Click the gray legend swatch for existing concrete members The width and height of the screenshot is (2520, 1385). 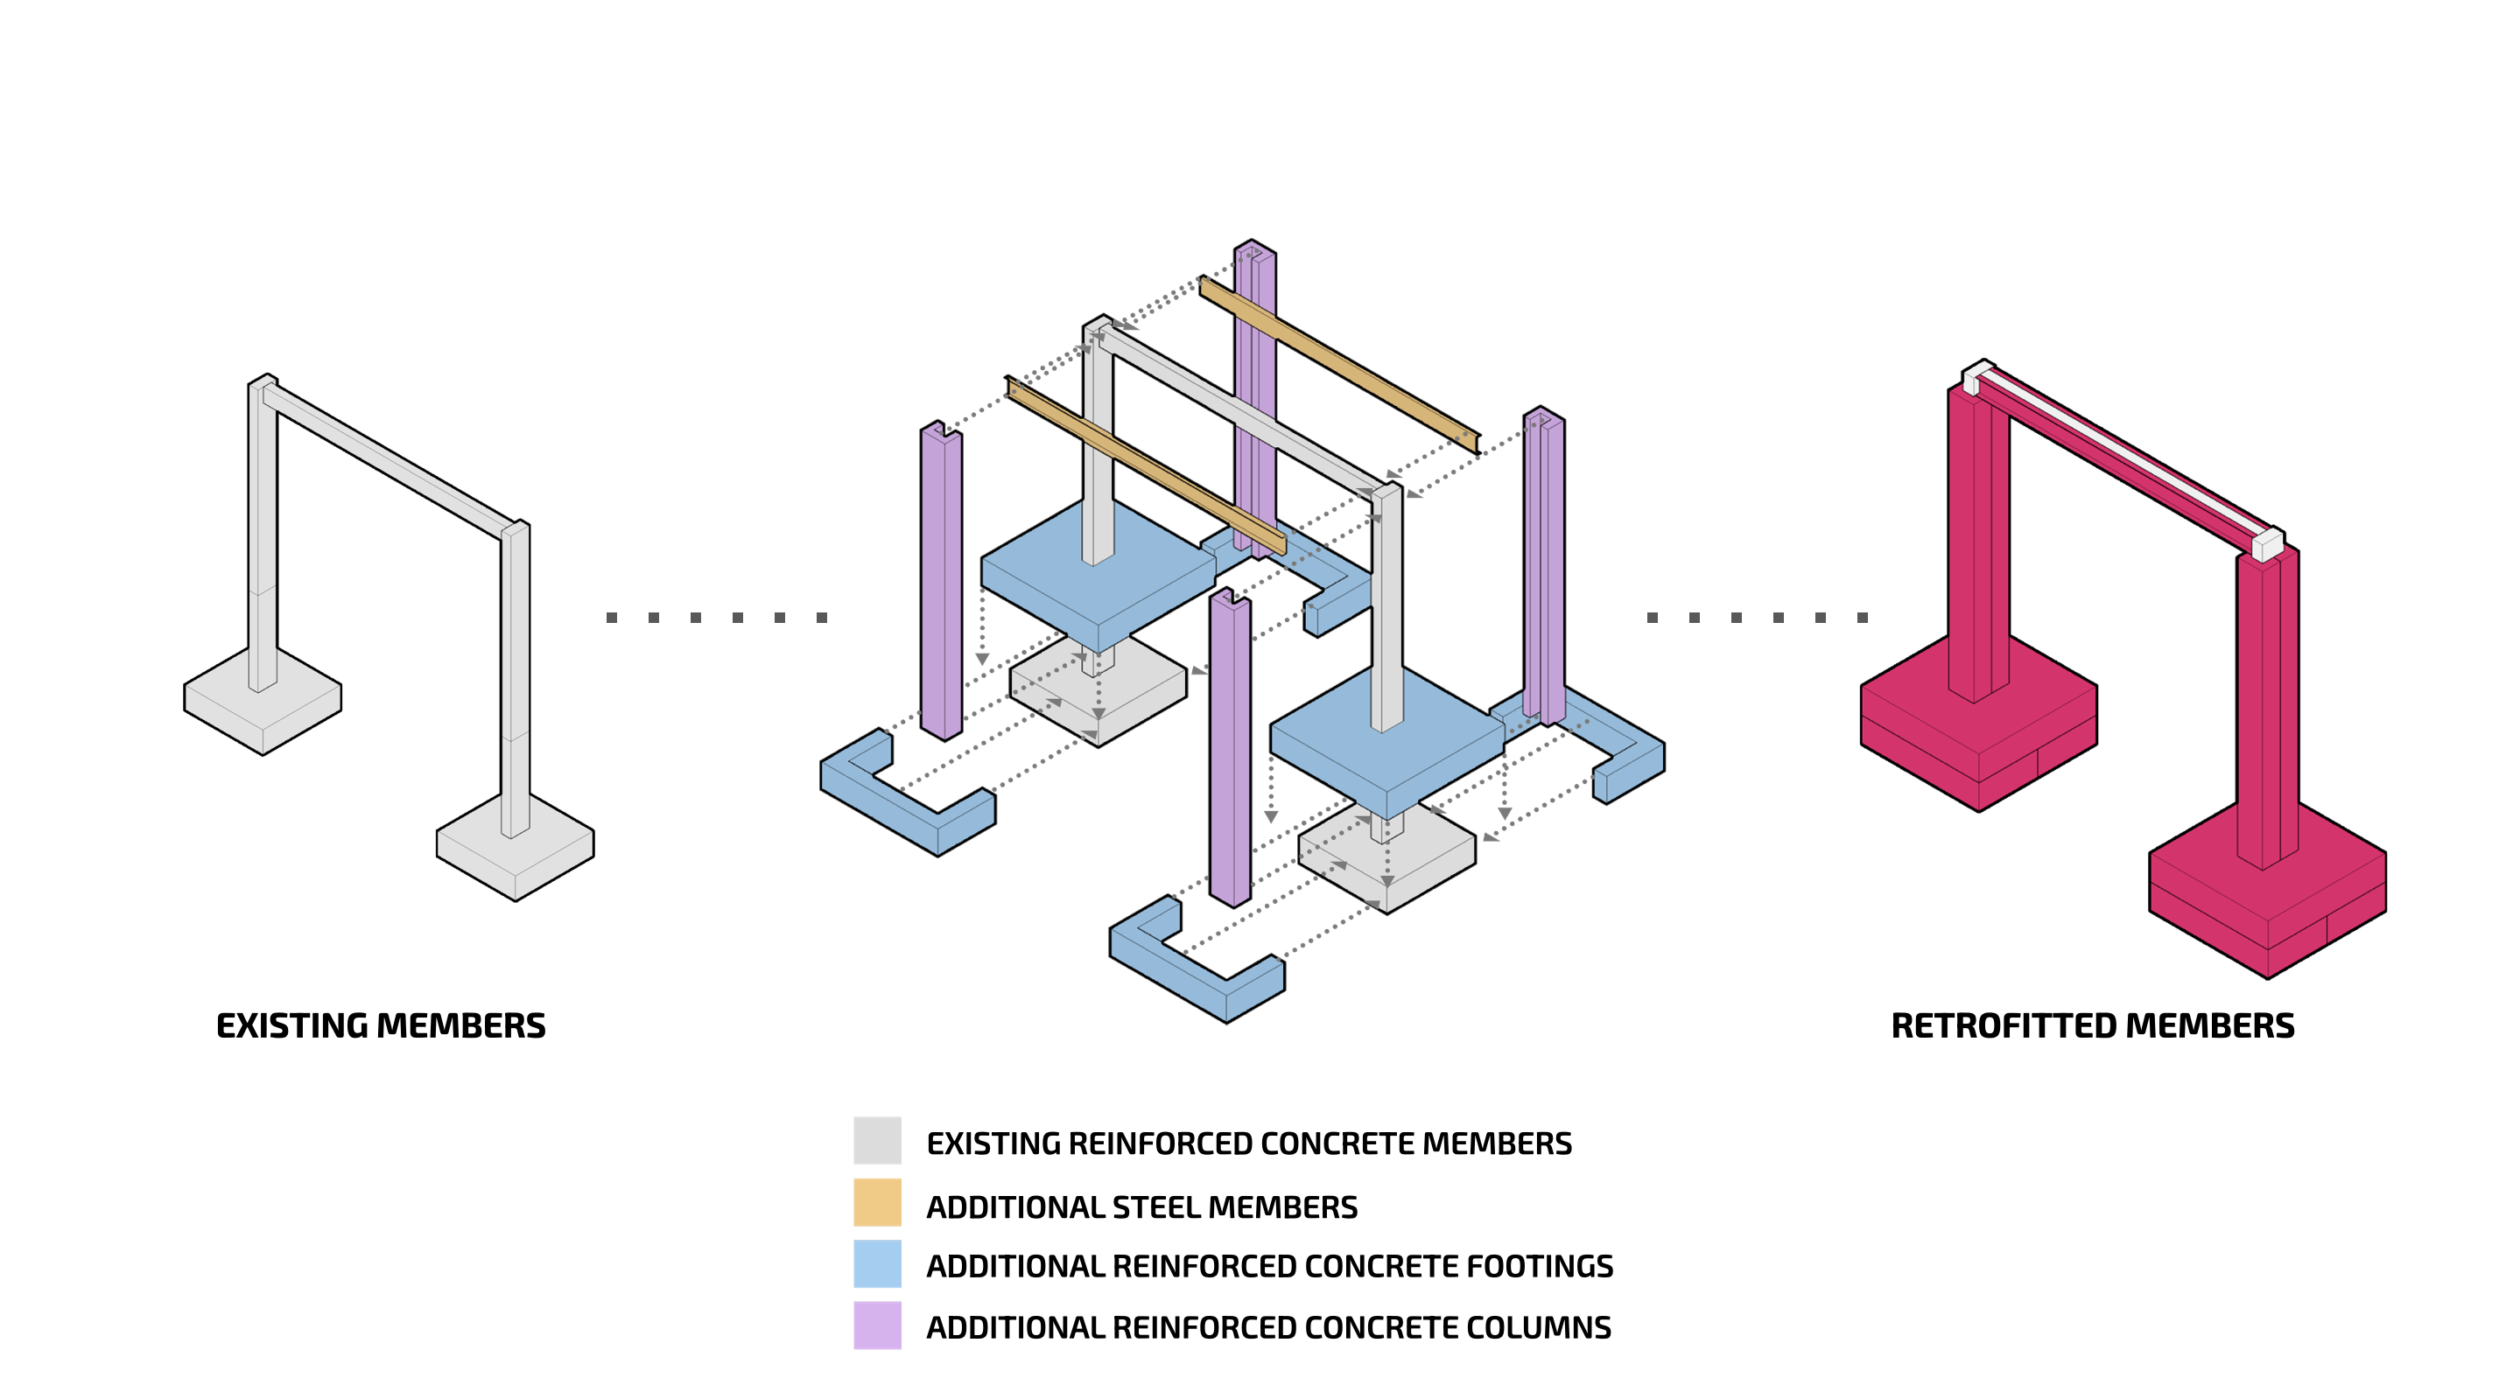click(876, 1141)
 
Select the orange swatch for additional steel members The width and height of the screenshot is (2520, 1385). click(876, 1202)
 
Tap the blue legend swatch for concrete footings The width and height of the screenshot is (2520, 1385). click(876, 1263)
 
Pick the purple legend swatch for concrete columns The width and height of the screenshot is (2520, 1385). click(876, 1326)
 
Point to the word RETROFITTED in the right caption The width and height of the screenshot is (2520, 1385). click(2003, 1026)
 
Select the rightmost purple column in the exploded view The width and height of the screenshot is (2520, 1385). click(1544, 567)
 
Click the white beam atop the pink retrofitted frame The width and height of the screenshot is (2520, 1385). click(2123, 455)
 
